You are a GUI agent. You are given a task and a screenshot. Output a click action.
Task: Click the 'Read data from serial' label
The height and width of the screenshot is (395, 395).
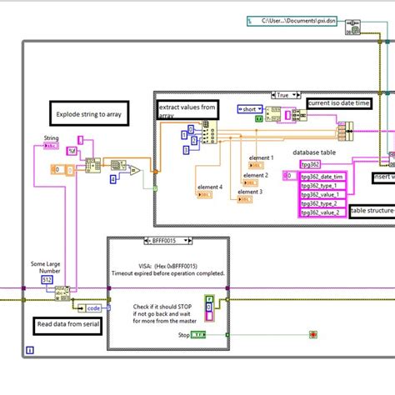69,325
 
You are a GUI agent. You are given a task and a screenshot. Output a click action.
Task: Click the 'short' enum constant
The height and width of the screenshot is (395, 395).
250,109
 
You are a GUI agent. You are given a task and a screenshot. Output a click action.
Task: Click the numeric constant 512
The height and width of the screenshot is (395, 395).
47,279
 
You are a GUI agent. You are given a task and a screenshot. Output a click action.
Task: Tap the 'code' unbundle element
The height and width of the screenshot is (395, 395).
94,307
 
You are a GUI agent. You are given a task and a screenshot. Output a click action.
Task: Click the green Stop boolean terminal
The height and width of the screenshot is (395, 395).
198,335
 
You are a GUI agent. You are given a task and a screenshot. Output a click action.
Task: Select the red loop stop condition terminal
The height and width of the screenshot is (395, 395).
313,335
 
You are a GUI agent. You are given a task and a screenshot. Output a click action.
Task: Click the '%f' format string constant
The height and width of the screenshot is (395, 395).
72,151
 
